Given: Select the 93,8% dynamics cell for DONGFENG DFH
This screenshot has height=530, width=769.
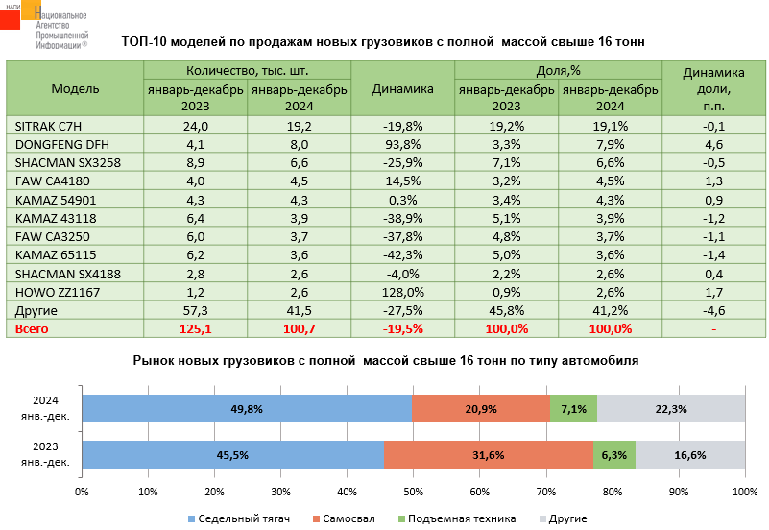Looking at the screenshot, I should [402, 144].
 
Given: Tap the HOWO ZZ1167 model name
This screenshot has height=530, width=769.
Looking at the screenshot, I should [52, 291].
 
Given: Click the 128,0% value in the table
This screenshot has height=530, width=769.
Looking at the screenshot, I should [402, 291].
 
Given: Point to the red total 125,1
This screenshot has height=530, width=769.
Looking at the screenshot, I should [196, 328].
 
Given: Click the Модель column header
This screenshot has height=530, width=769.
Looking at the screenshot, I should [75, 89].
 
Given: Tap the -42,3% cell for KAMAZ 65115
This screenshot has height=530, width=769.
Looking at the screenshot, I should [402, 254].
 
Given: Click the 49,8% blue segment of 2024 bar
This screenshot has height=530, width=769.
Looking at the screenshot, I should [247, 409].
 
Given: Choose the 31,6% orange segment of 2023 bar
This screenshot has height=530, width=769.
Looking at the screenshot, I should [488, 455].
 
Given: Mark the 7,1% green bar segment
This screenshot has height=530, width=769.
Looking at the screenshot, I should [573, 409].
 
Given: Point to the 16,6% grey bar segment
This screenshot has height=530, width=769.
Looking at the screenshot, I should [690, 455].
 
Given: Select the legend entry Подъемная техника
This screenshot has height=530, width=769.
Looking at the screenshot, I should [462, 518].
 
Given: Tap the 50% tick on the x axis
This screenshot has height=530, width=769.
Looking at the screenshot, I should [414, 493].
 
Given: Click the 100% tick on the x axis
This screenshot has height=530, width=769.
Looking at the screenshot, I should [745, 493].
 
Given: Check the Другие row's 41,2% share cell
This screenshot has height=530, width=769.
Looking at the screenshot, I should [610, 310].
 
